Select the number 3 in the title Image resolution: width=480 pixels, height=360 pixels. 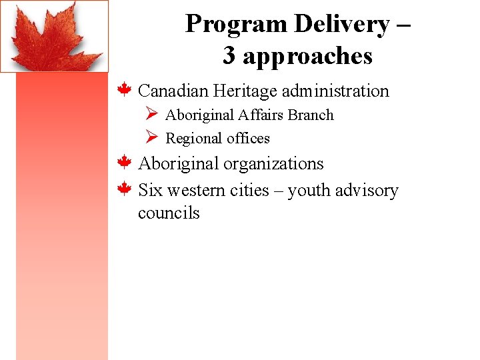coord(229,56)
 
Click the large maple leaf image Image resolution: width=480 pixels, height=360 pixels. coord(54,36)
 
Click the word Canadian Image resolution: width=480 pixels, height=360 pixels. coord(174,91)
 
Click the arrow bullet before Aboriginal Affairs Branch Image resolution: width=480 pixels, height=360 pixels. coord(151,115)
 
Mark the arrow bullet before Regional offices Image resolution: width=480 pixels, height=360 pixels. coord(151,138)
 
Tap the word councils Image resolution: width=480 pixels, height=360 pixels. coord(169,213)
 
